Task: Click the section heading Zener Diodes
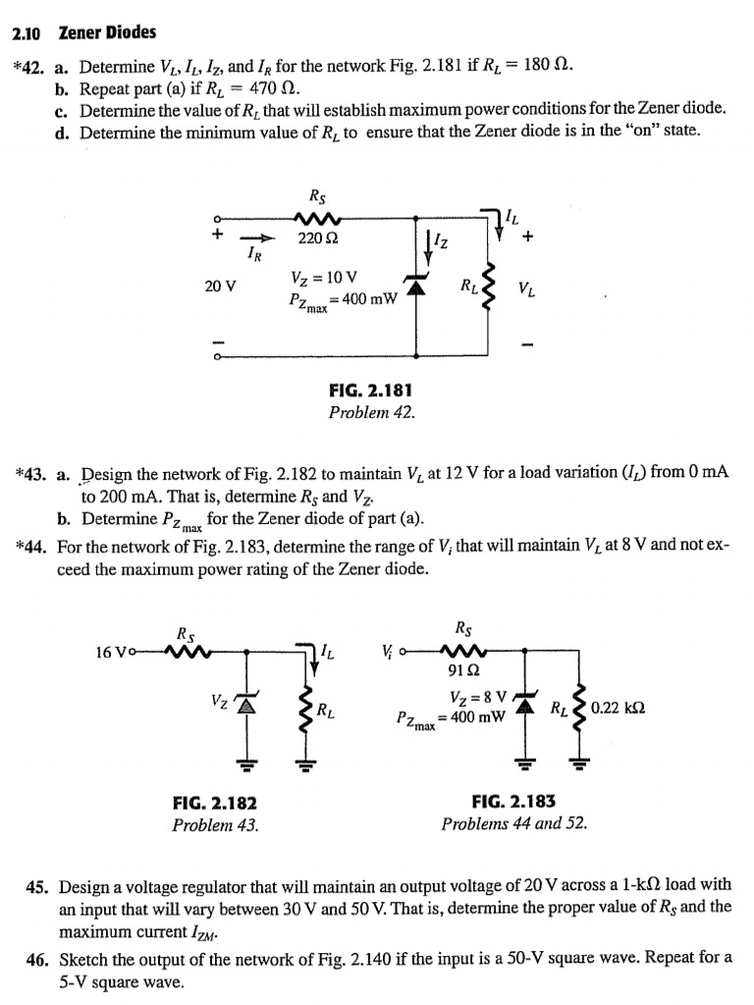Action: coord(107,32)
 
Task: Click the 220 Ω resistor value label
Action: coord(318,238)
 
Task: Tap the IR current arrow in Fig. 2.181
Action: coord(258,238)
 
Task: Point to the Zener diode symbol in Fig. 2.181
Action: coord(416,286)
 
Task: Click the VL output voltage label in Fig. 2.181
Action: coord(527,291)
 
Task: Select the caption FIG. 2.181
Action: coord(370,390)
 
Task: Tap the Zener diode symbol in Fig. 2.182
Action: coord(246,703)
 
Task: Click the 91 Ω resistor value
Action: coord(463,671)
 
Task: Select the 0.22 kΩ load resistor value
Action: coord(619,709)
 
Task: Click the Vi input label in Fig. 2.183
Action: coord(387,650)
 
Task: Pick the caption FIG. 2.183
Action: coord(513,801)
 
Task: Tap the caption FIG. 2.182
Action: coord(215,803)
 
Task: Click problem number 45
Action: coord(38,887)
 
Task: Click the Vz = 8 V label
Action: coord(479,698)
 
